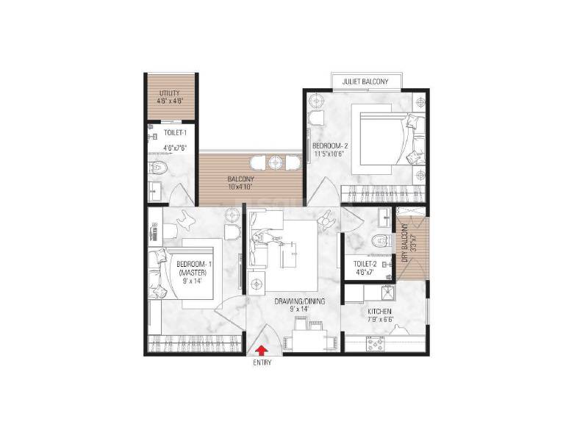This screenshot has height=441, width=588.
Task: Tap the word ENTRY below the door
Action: [x=262, y=363]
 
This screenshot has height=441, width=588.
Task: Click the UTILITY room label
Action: [x=168, y=93]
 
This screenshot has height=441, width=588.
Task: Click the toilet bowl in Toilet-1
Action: [x=155, y=168]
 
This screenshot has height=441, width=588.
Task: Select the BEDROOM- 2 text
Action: [x=329, y=146]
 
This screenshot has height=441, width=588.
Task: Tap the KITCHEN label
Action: [x=381, y=312]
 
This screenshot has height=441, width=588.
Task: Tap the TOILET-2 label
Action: [x=365, y=262]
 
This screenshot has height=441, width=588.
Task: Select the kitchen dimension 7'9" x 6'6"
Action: [x=381, y=320]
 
